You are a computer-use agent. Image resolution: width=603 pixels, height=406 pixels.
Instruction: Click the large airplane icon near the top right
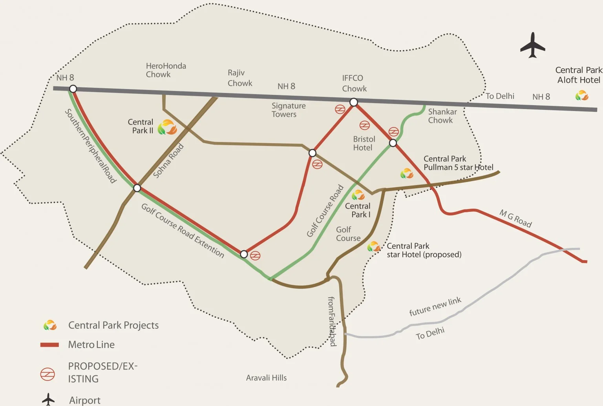(532, 46)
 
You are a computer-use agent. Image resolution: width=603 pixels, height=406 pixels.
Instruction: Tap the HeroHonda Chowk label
(166, 70)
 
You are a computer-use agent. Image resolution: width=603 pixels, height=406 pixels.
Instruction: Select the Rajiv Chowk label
(239, 78)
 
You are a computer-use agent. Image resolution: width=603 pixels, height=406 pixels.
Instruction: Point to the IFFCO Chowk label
(354, 83)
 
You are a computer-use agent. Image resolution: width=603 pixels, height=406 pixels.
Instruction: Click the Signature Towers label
(288, 110)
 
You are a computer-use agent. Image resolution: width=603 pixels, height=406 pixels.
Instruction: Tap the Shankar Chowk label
(442, 116)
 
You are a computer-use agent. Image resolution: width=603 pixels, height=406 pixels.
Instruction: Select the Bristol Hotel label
(364, 143)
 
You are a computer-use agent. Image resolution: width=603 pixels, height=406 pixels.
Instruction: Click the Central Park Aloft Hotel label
(579, 75)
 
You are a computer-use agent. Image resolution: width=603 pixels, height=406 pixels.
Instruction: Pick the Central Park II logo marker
(167, 127)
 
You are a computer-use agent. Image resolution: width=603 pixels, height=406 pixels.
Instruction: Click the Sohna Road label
(168, 161)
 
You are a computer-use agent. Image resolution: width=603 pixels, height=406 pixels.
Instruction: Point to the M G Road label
(515, 218)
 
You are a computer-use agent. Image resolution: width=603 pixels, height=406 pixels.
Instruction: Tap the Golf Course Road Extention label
(183, 231)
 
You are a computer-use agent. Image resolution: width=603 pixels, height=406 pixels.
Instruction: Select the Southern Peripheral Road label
(90, 146)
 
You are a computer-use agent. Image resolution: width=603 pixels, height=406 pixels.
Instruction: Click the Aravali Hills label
(266, 378)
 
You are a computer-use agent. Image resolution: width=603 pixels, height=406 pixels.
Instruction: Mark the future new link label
(435, 307)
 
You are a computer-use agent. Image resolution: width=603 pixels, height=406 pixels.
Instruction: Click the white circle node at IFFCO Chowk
(354, 102)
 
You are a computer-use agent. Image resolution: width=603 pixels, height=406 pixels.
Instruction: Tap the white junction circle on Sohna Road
(137, 188)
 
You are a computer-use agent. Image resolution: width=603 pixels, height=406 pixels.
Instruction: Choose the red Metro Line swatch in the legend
(49, 345)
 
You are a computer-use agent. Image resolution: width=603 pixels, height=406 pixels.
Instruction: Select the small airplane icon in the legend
(48, 399)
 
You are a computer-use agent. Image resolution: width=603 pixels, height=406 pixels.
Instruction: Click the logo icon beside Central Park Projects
(50, 325)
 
